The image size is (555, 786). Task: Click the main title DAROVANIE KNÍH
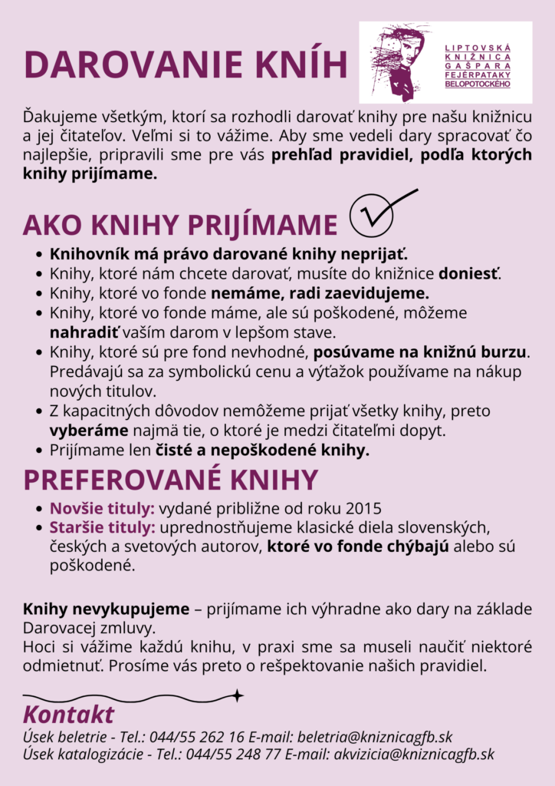(186, 64)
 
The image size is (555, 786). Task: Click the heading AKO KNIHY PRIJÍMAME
(180, 225)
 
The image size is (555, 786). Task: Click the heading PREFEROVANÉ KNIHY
(170, 480)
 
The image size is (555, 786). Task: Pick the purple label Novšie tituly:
(102, 509)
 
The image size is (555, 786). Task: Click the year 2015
(364, 509)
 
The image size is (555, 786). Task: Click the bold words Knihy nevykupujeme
(106, 609)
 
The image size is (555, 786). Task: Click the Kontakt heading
(69, 715)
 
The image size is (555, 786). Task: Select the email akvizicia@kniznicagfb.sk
(414, 755)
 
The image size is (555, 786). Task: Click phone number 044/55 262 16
(197, 737)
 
